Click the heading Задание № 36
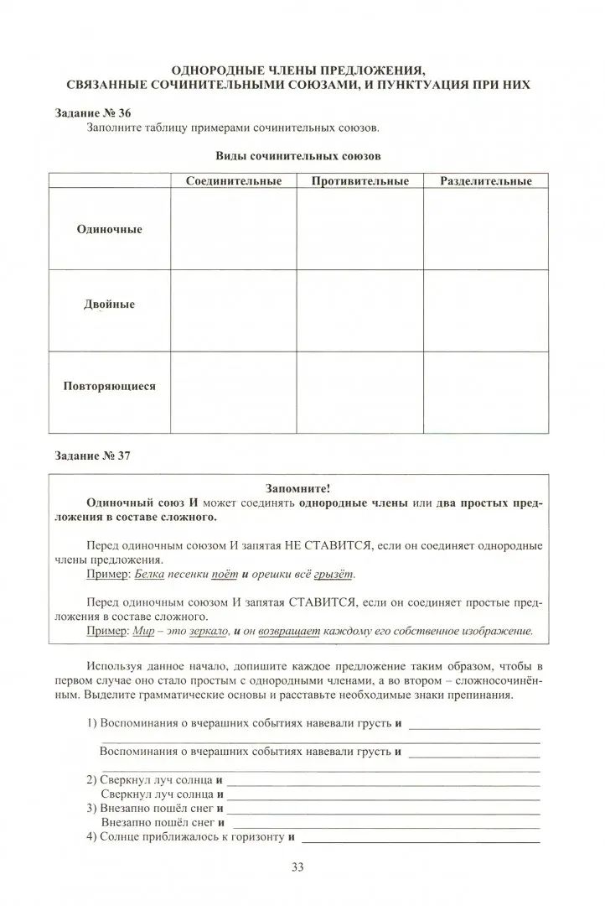pyautogui.click(x=92, y=112)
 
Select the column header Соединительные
pyautogui.click(x=234, y=181)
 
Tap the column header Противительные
pyautogui.click(x=359, y=181)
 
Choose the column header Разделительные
pyautogui.click(x=486, y=181)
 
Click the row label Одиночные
pyautogui.click(x=110, y=229)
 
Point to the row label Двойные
pyautogui.click(x=110, y=305)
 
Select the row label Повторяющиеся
pyautogui.click(x=110, y=387)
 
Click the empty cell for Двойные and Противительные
pyautogui.click(x=359, y=310)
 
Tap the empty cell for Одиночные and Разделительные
pyautogui.click(x=486, y=229)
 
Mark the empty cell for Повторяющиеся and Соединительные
pyautogui.click(x=234, y=392)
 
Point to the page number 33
pyautogui.click(x=297, y=867)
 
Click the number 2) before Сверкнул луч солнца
pyautogui.click(x=92, y=779)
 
